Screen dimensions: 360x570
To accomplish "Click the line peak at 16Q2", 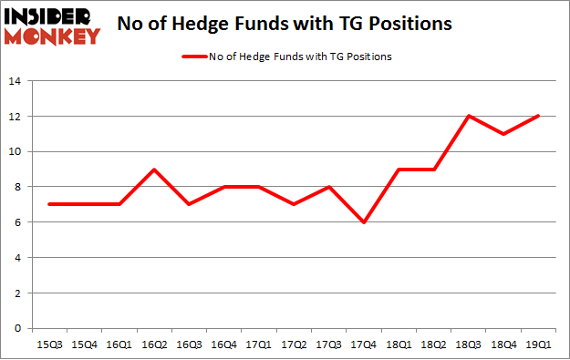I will coord(156,170).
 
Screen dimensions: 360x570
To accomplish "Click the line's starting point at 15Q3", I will coord(48,204).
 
